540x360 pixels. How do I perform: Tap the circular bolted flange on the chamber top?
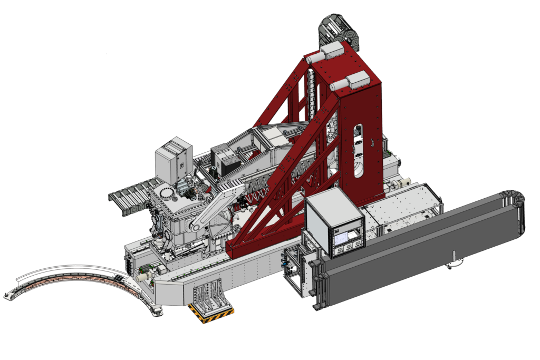tap(167, 192)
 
